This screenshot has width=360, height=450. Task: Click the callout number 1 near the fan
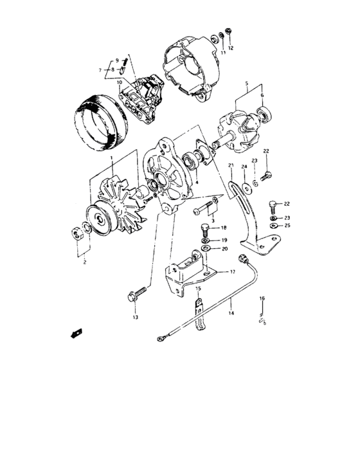pyautogui.click(x=111, y=157)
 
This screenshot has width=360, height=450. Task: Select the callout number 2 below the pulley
pyautogui.click(x=84, y=262)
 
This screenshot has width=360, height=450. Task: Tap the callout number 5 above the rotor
pyautogui.click(x=246, y=84)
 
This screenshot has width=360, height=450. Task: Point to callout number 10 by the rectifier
pyautogui.click(x=119, y=82)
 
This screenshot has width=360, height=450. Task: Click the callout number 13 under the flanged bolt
pyautogui.click(x=136, y=318)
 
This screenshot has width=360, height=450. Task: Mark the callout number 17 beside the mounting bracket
pyautogui.click(x=224, y=272)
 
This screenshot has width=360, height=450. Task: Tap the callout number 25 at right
pyautogui.click(x=287, y=226)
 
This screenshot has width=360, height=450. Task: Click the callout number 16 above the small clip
pyautogui.click(x=262, y=299)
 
